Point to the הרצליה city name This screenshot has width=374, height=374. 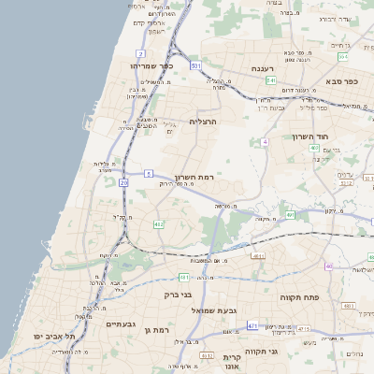tap(203, 122)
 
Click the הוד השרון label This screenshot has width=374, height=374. tap(338, 137)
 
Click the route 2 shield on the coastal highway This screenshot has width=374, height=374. tap(140, 53)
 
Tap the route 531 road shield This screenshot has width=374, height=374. tap(195, 66)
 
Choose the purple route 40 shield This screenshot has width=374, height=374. tap(328, 266)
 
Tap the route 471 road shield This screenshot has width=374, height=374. tap(252, 324)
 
